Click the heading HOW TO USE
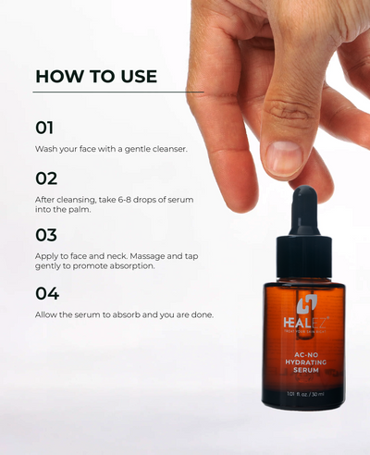96,76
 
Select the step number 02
46,178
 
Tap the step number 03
46,235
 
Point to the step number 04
47,293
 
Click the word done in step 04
200,314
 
